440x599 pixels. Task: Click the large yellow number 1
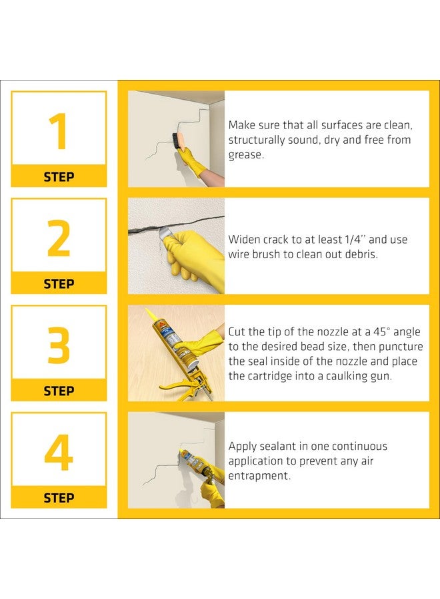(59, 130)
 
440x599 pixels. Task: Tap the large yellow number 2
(59, 238)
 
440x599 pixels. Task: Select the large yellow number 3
(59, 345)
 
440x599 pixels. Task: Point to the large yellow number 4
(59, 453)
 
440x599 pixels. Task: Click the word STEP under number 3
(59, 391)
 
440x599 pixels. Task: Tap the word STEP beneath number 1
(59, 177)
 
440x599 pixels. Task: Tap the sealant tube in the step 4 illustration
(194, 461)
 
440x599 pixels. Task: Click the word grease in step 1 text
(245, 155)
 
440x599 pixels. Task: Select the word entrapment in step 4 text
(259, 476)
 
